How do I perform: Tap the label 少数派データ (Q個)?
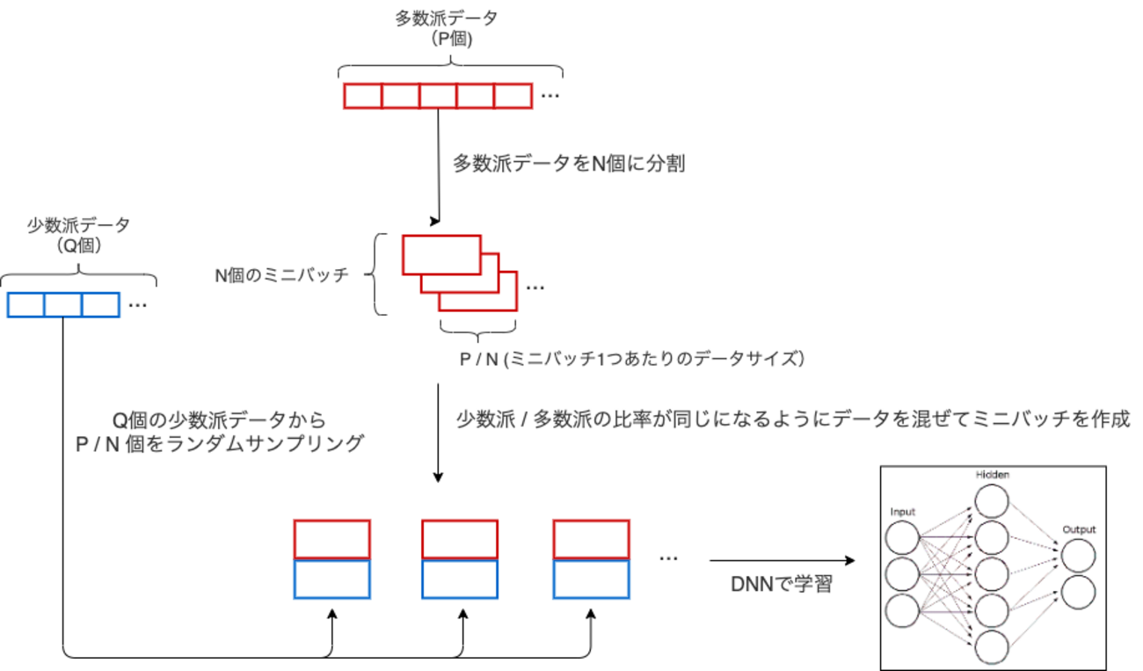tap(78, 235)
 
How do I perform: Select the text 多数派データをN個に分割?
tap(567, 164)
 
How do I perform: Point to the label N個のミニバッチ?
tap(282, 275)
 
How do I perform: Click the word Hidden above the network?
tap(992, 475)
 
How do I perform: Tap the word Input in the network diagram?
tap(903, 511)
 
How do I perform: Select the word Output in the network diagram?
tap(1079, 529)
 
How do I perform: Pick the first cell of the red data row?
tap(362, 95)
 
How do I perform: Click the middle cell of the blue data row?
tap(63, 304)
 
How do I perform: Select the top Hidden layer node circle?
tap(992, 501)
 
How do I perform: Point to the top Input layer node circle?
tap(903, 537)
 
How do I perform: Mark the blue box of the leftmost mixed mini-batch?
tap(331, 579)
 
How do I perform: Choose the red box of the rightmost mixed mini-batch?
tap(591, 539)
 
